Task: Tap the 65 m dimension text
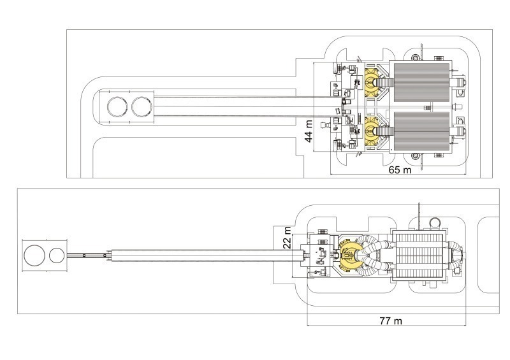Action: tap(400, 171)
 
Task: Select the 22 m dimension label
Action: tap(287, 238)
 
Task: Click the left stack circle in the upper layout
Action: tap(117, 107)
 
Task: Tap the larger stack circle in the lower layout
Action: tap(33, 256)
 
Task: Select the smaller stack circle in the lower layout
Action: tap(55, 256)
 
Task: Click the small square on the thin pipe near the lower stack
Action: tap(83, 256)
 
